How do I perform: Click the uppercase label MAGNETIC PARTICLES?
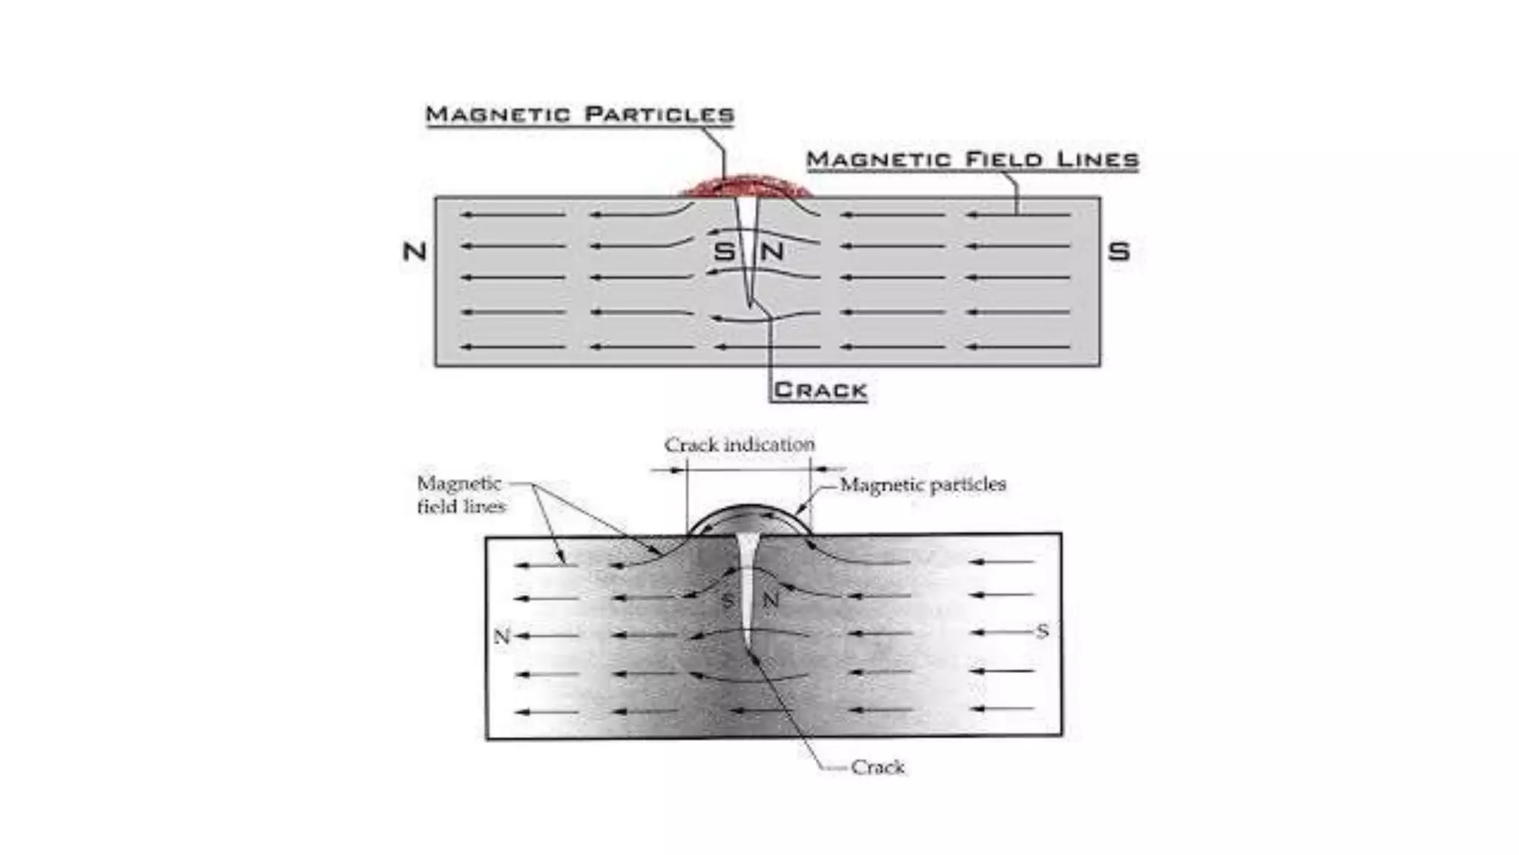[579, 114]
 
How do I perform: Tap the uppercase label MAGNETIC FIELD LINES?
[972, 160]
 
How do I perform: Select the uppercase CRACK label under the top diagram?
[820, 390]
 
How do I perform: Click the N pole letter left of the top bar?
[415, 252]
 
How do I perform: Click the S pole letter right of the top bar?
[1118, 252]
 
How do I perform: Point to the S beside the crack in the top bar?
[723, 252]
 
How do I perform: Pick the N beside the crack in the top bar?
[772, 252]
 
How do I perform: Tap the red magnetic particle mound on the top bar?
[745, 186]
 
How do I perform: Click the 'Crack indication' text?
[739, 445]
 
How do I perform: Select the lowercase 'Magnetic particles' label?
[923, 485]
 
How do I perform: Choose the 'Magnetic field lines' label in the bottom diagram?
[461, 494]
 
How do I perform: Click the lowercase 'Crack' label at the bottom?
[877, 767]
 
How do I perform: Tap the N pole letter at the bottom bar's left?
[502, 636]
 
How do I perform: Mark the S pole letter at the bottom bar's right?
[1042, 632]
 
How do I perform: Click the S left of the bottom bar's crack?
[728, 600]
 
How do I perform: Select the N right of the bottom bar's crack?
[771, 600]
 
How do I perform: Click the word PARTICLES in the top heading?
[659, 114]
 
